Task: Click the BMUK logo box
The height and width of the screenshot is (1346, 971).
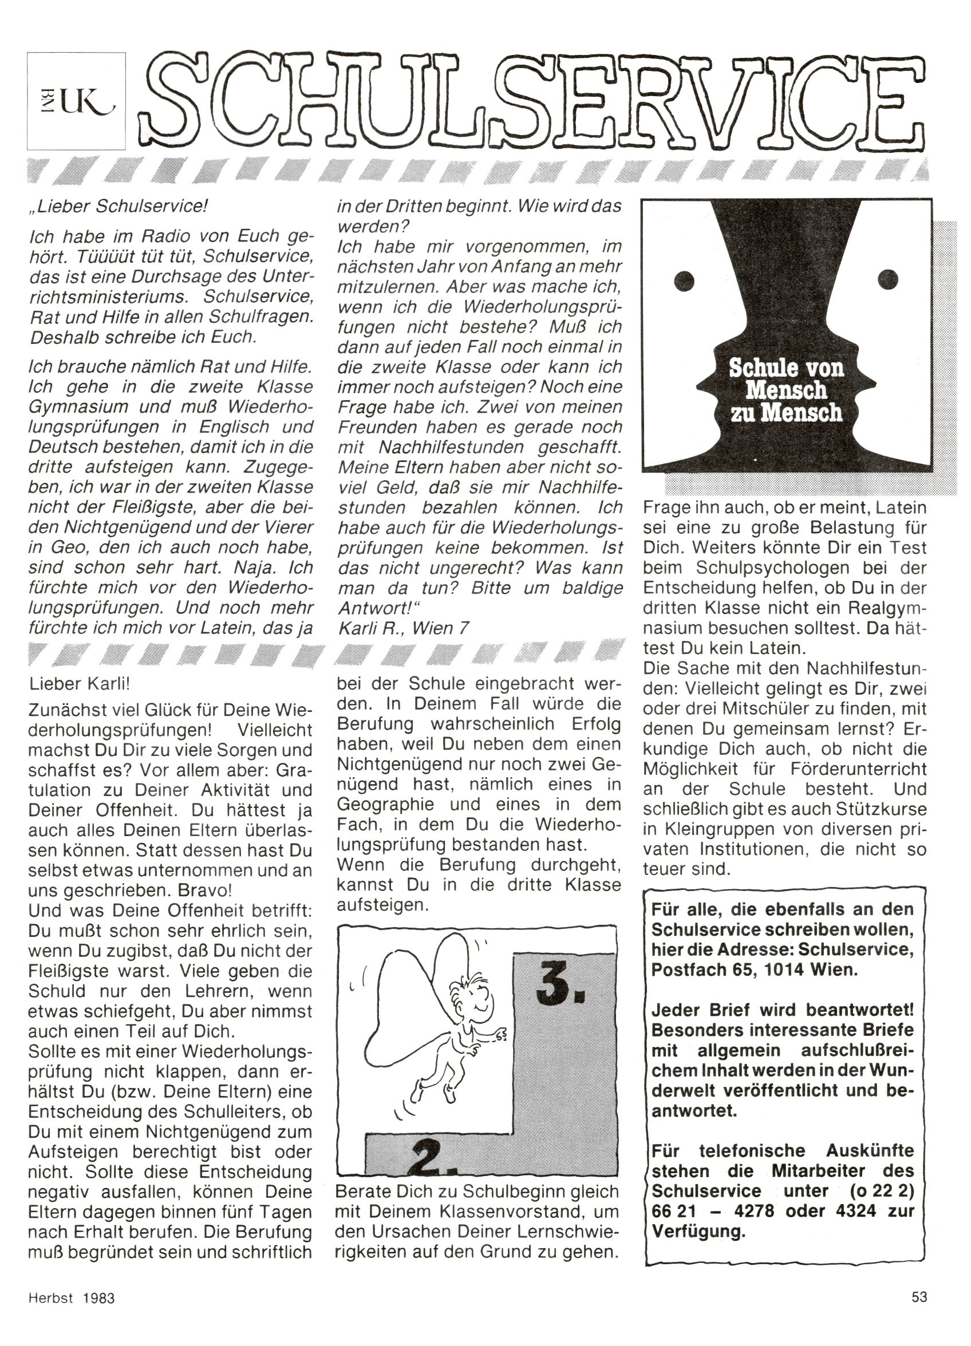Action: click(76, 100)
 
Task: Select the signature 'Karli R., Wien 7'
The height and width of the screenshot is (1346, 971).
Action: click(403, 628)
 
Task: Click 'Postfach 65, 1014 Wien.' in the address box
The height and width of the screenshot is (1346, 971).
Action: click(754, 970)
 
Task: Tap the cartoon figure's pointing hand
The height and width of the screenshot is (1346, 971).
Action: click(500, 1035)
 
